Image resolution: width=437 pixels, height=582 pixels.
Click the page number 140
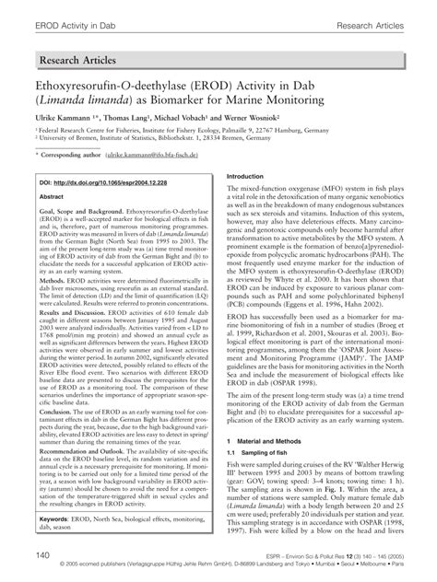[41, 556]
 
